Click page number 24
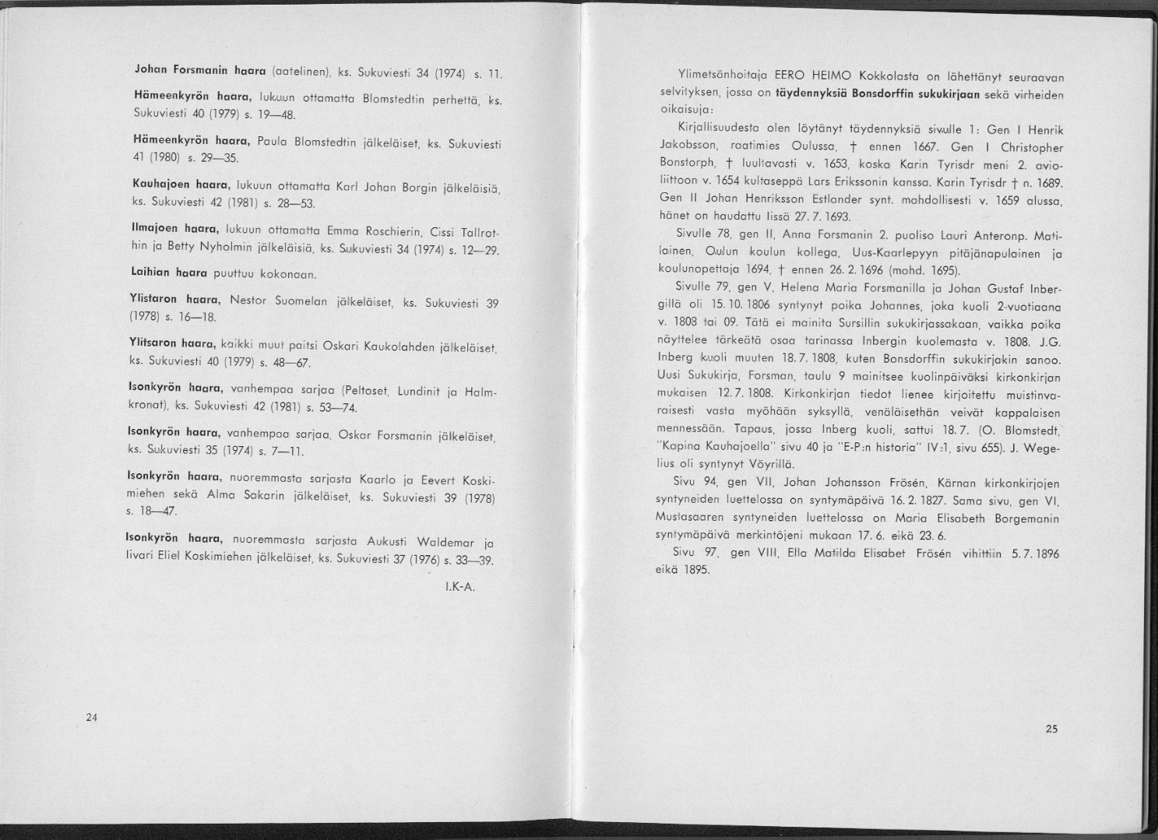click(91, 717)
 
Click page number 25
click(1052, 729)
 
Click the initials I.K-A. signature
click(459, 586)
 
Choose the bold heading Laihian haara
click(167, 274)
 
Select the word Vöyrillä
click(768, 465)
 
